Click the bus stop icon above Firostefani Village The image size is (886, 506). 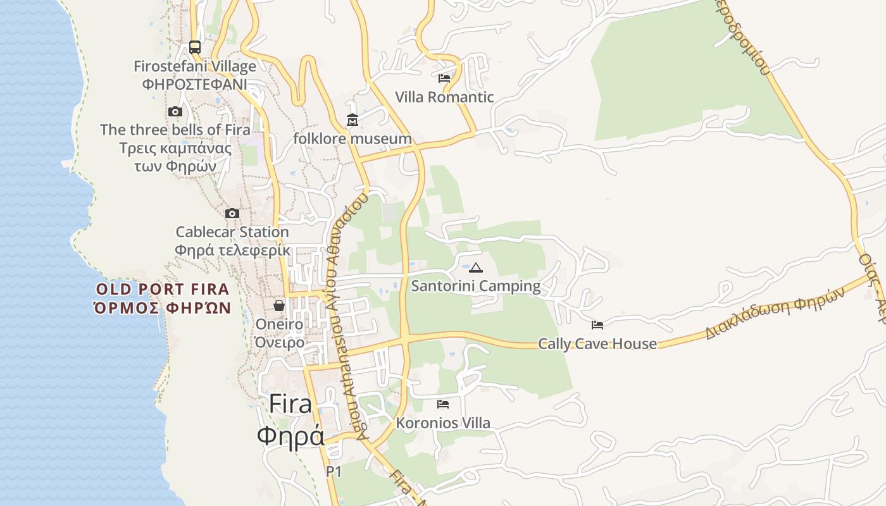(195, 47)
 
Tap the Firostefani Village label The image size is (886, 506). (195, 66)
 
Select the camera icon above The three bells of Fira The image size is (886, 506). (175, 112)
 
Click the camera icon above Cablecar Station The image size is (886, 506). (232, 213)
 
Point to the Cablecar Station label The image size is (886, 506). (232, 232)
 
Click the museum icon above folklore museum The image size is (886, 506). (353, 120)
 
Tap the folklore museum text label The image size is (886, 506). (353, 139)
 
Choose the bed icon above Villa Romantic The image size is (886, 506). (444, 78)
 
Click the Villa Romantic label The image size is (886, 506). (444, 97)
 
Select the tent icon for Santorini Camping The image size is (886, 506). (476, 268)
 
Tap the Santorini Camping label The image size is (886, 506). (476, 287)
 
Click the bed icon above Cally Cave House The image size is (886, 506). (597, 325)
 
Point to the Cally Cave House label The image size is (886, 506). (597, 344)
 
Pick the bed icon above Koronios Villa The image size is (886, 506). (443, 404)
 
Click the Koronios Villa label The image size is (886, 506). (443, 423)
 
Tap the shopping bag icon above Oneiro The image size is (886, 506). (279, 306)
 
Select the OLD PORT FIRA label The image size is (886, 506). (162, 290)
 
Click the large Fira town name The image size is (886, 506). (290, 404)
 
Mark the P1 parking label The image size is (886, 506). (334, 471)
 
